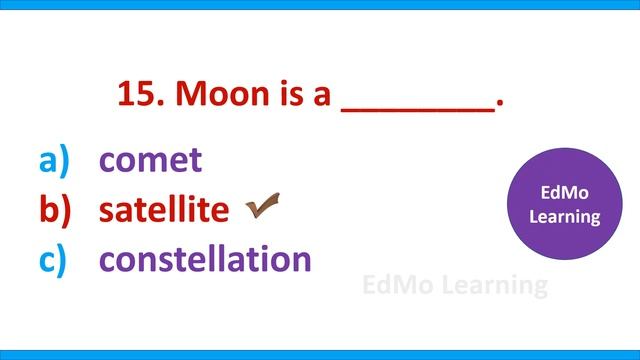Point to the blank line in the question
(x=418, y=107)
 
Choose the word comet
(x=150, y=160)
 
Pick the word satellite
(x=163, y=210)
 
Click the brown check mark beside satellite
(x=261, y=207)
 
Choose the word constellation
(x=205, y=260)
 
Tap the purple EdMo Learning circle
(x=564, y=204)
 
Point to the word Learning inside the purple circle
(x=564, y=216)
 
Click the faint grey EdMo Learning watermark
(x=454, y=286)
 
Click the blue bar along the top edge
(x=320, y=5)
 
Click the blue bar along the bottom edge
(x=320, y=354)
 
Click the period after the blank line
(x=499, y=104)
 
